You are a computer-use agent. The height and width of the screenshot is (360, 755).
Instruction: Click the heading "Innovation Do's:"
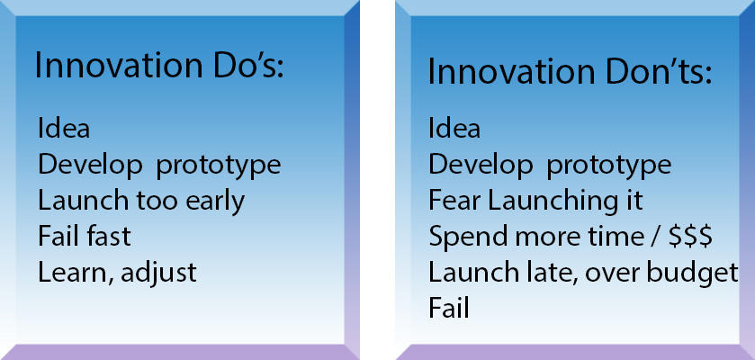click(159, 66)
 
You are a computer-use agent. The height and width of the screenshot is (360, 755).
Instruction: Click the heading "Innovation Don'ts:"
click(570, 73)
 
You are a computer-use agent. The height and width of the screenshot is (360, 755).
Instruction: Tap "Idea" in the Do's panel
click(64, 129)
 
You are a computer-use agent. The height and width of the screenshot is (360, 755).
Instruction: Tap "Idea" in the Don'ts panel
click(454, 129)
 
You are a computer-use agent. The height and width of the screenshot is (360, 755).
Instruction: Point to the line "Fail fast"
click(85, 237)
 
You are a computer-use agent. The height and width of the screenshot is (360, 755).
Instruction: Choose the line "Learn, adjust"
click(117, 274)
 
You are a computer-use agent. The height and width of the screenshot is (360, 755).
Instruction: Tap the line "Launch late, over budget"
click(583, 274)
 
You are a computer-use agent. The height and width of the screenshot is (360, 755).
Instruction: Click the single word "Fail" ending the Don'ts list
click(449, 308)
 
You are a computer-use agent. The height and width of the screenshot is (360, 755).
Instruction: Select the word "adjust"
click(158, 274)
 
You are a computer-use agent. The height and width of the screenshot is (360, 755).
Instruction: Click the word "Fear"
click(455, 201)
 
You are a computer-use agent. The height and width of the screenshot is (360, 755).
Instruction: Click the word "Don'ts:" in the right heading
click(659, 73)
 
